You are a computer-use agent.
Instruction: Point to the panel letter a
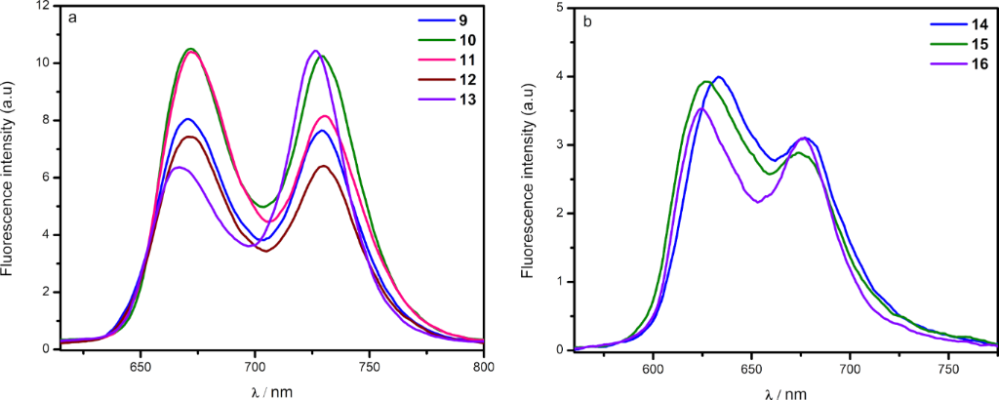[x=72, y=18]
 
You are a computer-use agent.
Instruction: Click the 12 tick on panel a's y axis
[x=45, y=7]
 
